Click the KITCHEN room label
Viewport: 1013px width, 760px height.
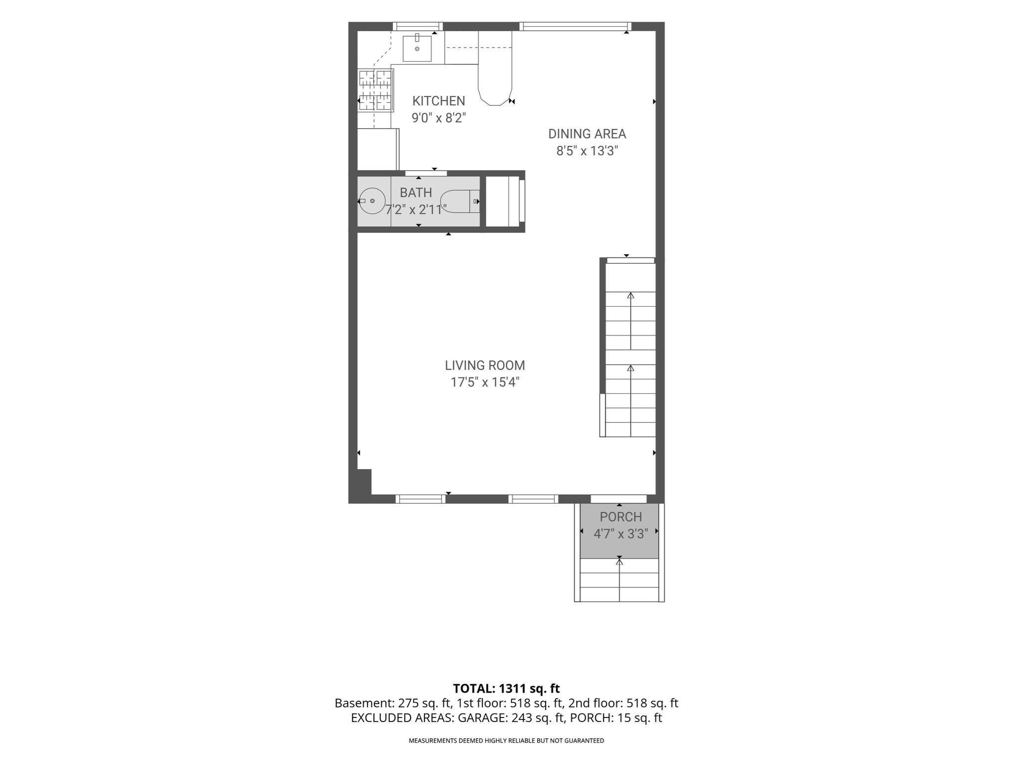click(x=439, y=101)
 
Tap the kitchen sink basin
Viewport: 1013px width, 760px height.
click(x=417, y=48)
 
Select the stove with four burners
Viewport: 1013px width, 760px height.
click(x=375, y=90)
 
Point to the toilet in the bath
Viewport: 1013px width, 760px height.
click(x=460, y=201)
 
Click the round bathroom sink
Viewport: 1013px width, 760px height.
click(x=371, y=201)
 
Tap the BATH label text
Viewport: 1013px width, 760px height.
click(x=416, y=192)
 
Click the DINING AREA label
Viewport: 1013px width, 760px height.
click(x=587, y=134)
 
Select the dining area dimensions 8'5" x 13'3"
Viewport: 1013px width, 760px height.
click(x=587, y=151)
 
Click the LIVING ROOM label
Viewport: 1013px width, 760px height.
click(x=485, y=365)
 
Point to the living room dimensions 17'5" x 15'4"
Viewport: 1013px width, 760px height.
click(x=485, y=382)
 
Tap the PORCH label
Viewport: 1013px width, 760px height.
click(x=621, y=517)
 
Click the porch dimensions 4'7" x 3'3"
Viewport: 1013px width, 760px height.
click(x=621, y=534)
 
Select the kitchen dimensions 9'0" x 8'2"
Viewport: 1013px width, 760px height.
click(x=439, y=118)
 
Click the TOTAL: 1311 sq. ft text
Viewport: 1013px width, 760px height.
click(x=506, y=688)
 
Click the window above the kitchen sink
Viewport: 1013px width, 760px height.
click(x=417, y=27)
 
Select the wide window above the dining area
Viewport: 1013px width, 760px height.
click(x=575, y=27)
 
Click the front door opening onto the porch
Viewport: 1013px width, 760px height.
click(x=619, y=499)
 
